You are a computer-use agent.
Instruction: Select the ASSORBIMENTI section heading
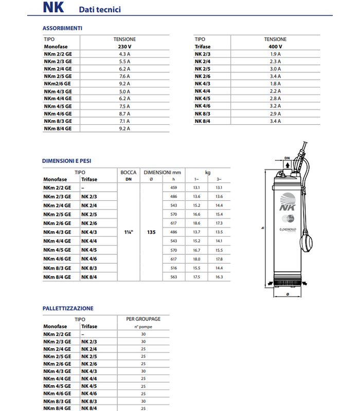(x=62, y=28)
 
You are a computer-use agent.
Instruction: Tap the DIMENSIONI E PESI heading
(x=66, y=161)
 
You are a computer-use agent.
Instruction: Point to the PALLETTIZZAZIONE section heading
(x=68, y=308)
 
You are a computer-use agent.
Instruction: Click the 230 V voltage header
(x=124, y=46)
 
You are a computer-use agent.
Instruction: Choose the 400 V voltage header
(x=275, y=46)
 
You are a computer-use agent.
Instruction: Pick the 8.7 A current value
(x=124, y=114)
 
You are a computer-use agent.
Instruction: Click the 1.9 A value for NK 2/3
(x=275, y=53)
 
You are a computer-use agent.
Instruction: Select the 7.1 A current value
(x=124, y=121)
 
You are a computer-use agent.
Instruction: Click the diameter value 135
(x=151, y=232)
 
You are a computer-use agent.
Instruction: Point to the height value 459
(x=173, y=188)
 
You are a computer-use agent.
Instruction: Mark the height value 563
(x=173, y=277)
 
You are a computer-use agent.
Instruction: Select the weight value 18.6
(x=196, y=223)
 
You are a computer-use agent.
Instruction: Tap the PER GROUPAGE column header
(x=143, y=319)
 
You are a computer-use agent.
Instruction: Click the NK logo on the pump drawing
(x=285, y=207)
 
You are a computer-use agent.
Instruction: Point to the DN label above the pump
(x=288, y=158)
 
